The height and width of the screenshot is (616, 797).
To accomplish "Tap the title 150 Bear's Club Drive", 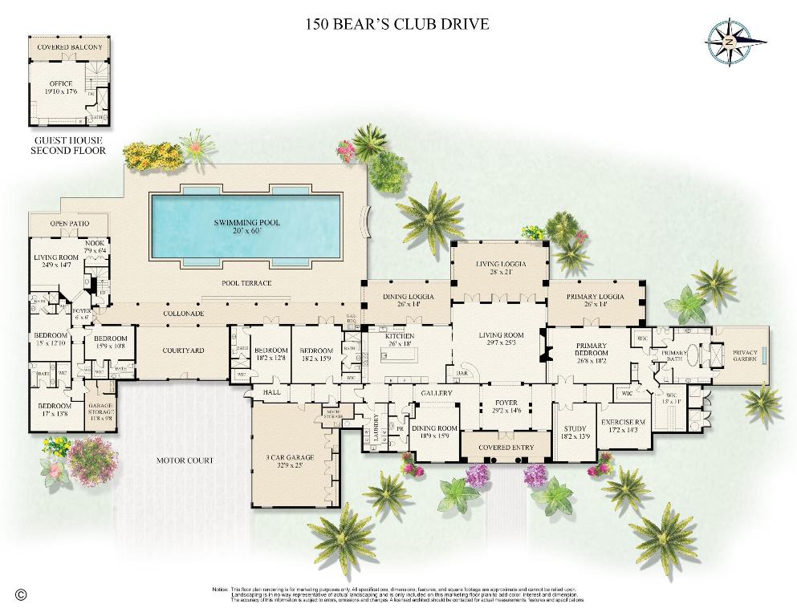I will click(x=397, y=23).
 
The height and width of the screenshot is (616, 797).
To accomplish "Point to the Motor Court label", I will click(x=185, y=460).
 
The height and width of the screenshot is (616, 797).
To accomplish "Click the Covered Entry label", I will click(x=504, y=447).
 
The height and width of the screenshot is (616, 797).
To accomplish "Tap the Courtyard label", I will click(x=183, y=351).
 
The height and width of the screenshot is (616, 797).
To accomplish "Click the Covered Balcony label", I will click(x=70, y=47).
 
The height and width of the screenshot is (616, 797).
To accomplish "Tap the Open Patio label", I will click(x=68, y=224).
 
